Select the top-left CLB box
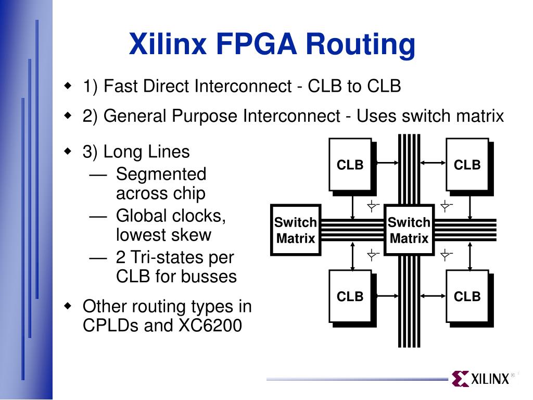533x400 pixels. [x=350, y=165]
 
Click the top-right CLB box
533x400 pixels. [x=467, y=165]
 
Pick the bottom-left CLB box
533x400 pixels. [x=350, y=296]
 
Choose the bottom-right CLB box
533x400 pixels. [x=467, y=296]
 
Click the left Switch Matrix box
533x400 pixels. [x=296, y=230]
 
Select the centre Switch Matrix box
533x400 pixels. [x=409, y=230]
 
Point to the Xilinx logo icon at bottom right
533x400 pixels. [x=460, y=379]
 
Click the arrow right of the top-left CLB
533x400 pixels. [x=386, y=163]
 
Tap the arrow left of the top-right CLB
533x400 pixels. [x=433, y=163]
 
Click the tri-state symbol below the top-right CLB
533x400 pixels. [x=446, y=206]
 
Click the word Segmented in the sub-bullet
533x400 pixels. [x=161, y=174]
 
